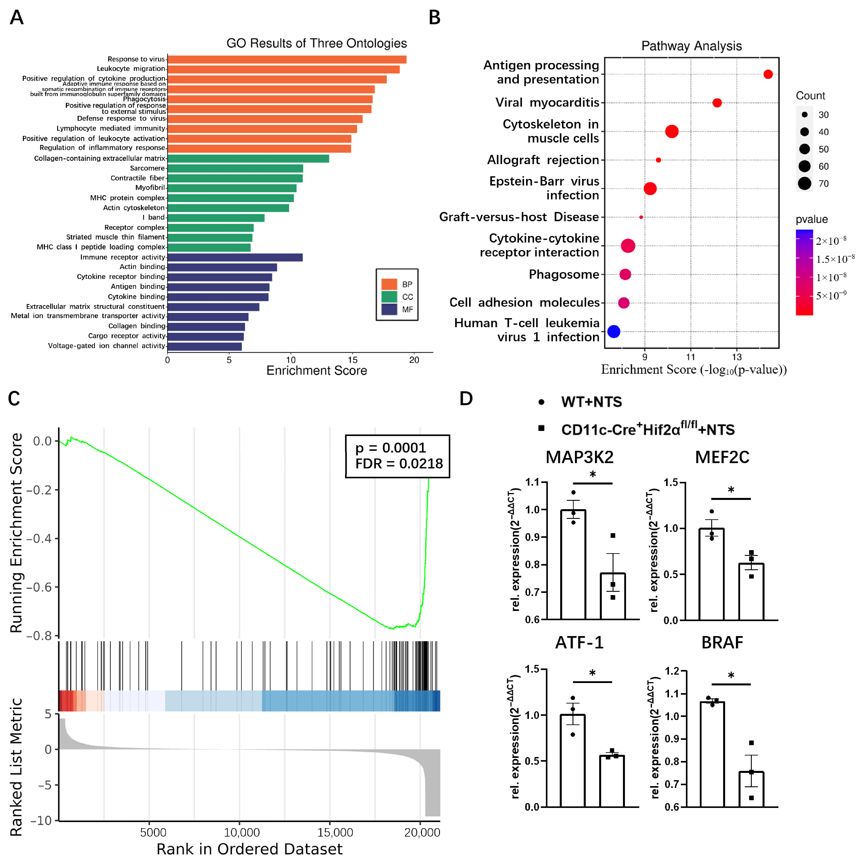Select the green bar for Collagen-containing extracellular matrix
(248, 159)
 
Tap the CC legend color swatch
(389, 297)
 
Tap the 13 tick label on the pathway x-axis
(737, 357)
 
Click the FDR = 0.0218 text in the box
(399, 464)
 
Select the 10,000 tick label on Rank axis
(242, 833)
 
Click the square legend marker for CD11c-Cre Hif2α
(541, 428)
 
